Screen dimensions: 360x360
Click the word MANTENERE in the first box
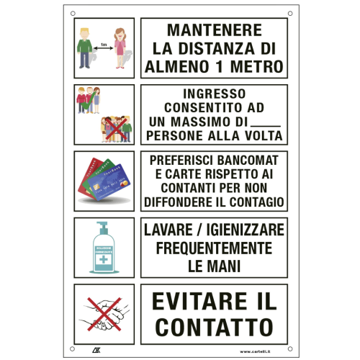coord(214,32)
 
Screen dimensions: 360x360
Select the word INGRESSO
coord(214,94)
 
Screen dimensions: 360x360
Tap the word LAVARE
coord(175,230)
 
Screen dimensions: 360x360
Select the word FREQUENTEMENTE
coord(214,248)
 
